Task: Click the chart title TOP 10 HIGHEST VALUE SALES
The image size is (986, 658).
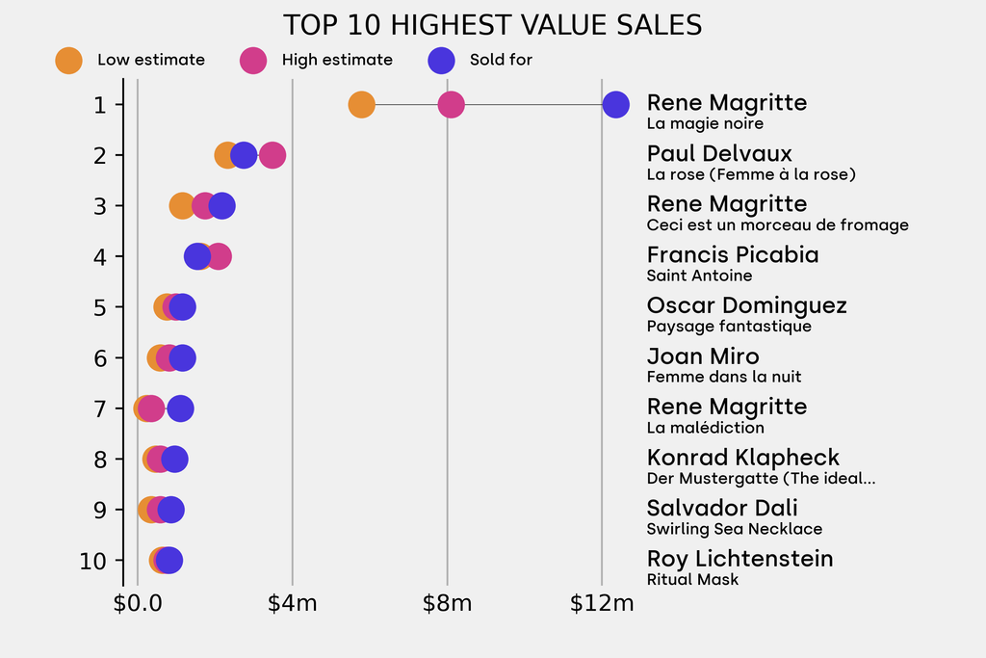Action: click(492, 25)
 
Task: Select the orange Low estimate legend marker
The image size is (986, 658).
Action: click(69, 60)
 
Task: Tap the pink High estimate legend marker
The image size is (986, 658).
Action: click(253, 60)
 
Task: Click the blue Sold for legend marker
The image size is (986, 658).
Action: click(440, 60)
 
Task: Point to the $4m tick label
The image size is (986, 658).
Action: click(293, 604)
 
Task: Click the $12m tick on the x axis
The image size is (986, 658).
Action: click(602, 604)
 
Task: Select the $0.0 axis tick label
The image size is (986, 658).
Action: click(138, 604)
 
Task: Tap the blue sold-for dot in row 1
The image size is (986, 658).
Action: click(616, 104)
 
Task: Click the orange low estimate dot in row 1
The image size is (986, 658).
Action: click(361, 104)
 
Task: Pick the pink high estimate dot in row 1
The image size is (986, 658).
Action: click(451, 104)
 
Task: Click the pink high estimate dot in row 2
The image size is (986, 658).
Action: click(273, 155)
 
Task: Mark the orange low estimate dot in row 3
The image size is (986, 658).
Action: click(181, 205)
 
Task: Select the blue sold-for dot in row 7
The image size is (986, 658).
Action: click(180, 408)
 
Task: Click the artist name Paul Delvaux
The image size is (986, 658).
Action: click(719, 153)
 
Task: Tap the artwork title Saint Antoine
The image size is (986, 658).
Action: click(699, 276)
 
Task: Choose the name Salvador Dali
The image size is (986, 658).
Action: click(722, 508)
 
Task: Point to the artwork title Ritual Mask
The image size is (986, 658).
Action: click(692, 579)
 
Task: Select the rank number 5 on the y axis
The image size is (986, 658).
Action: click(101, 307)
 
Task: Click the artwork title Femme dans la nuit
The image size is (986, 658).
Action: click(724, 377)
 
